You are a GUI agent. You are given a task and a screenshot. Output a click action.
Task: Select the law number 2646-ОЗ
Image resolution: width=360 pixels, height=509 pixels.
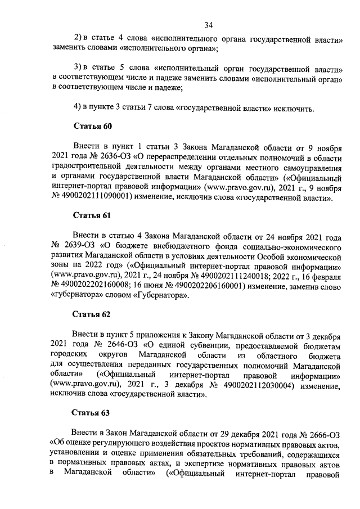123,345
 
